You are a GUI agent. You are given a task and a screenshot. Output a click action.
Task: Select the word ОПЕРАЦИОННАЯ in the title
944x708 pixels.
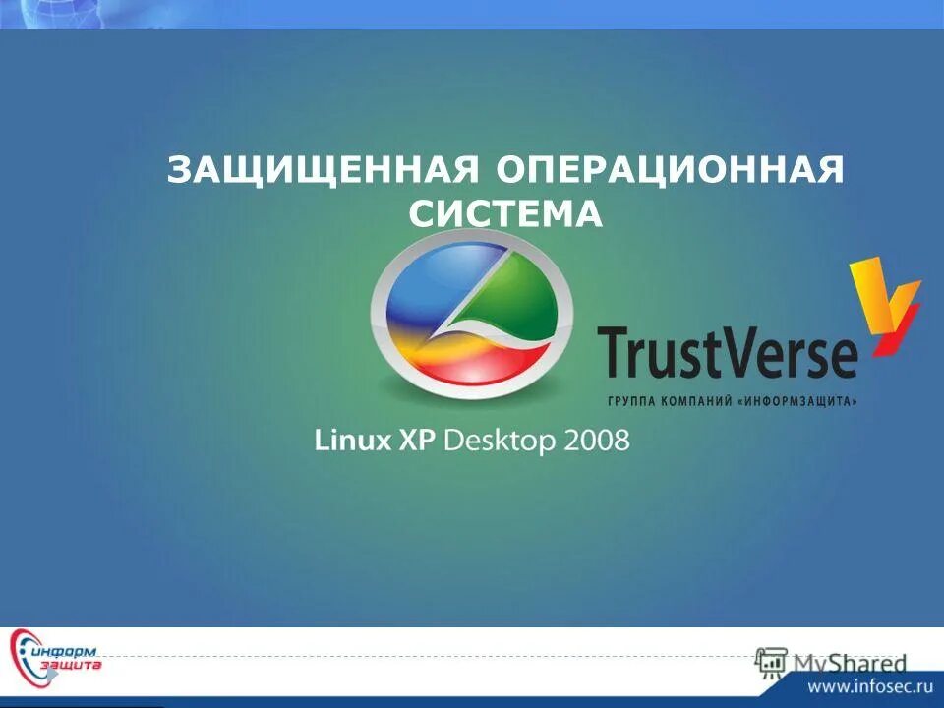(669, 170)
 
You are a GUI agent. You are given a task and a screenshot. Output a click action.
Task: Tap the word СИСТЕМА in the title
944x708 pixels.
(505, 214)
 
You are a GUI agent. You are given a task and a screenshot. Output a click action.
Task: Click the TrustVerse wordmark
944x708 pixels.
(728, 354)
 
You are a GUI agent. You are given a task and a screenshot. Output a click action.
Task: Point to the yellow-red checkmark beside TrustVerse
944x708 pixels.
(882, 300)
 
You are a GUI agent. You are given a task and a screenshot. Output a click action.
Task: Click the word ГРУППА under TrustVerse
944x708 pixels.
(625, 401)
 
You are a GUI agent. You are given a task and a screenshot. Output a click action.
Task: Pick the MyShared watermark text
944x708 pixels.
(851, 662)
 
